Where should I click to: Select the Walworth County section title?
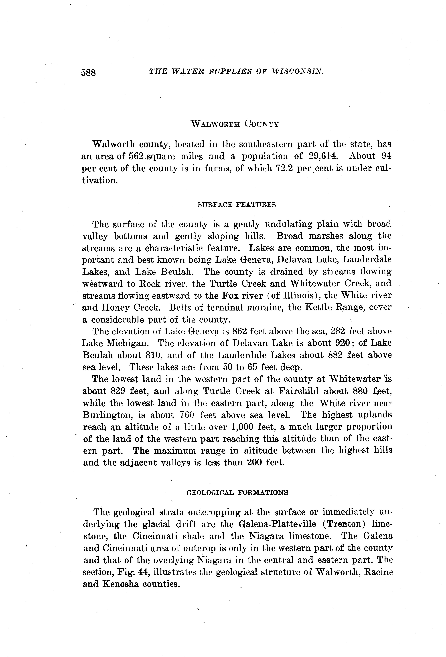click(235, 124)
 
